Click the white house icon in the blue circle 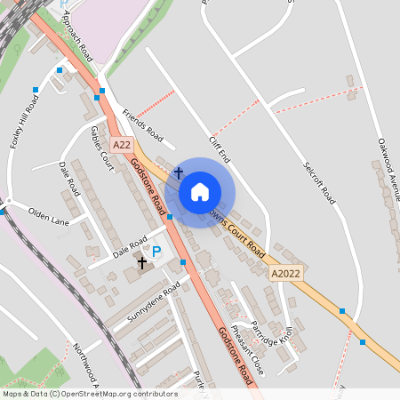pyautogui.click(x=200, y=192)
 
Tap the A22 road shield pyautogui.click(x=122, y=145)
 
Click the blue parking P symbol pyautogui.click(x=156, y=252)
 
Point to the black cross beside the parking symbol pyautogui.click(x=141, y=263)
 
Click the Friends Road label pyautogui.click(x=143, y=126)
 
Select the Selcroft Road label pyautogui.click(x=318, y=180)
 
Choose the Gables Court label pyautogui.click(x=102, y=148)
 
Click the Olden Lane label pyautogui.click(x=49, y=215)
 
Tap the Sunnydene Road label pyautogui.click(x=153, y=301)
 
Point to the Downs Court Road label pyautogui.click(x=236, y=230)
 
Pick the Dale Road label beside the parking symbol pyautogui.click(x=130, y=245)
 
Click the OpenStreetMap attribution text pyautogui.click(x=89, y=394)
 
